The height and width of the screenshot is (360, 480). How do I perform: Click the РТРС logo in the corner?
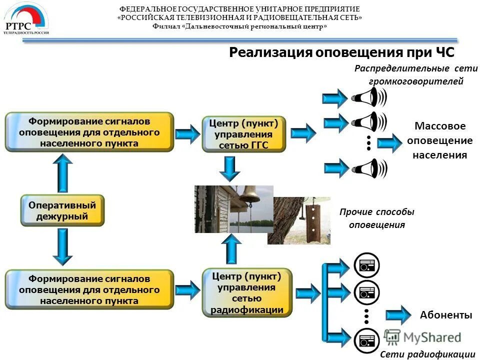26,19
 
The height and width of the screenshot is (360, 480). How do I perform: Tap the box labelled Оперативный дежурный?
62,210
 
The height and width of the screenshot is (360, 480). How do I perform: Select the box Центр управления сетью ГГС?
243,134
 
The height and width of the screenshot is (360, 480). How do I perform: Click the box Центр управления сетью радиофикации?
243,292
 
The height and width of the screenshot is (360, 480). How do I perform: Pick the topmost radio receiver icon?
367,264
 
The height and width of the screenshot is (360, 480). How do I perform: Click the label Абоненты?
446,315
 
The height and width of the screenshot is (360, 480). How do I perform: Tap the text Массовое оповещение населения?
439,140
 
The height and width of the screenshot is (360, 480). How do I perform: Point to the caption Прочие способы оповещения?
377,218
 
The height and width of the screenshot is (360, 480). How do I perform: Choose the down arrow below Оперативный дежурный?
63,246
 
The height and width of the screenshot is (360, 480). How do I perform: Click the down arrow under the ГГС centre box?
229,168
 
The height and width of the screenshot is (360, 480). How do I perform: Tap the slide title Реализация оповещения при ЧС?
341,53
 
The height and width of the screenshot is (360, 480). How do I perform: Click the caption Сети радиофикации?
427,354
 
